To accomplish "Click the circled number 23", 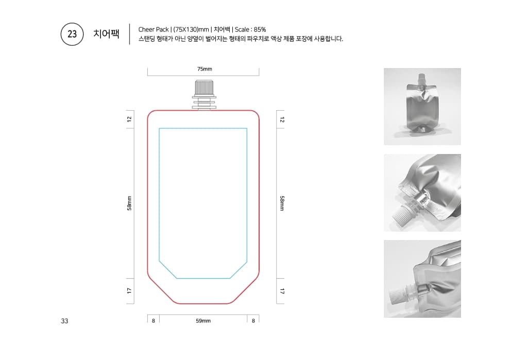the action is [72, 34].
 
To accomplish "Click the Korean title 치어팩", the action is [106, 33].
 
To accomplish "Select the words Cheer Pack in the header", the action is [153, 29].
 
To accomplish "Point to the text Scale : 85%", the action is [250, 29].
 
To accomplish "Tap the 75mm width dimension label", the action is [205, 69].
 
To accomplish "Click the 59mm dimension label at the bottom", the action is [203, 321].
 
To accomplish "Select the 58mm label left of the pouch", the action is [129, 203].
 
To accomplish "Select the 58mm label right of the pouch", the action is [282, 203].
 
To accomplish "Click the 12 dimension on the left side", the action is [129, 119].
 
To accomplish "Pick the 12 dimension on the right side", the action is [282, 119].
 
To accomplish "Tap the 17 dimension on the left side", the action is [129, 291].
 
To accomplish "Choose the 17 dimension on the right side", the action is [282, 291].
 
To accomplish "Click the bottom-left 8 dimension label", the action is [154, 321].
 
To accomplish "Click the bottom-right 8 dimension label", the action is [253, 321].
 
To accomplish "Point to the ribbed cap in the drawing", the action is [204, 87].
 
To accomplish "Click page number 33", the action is [64, 321].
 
